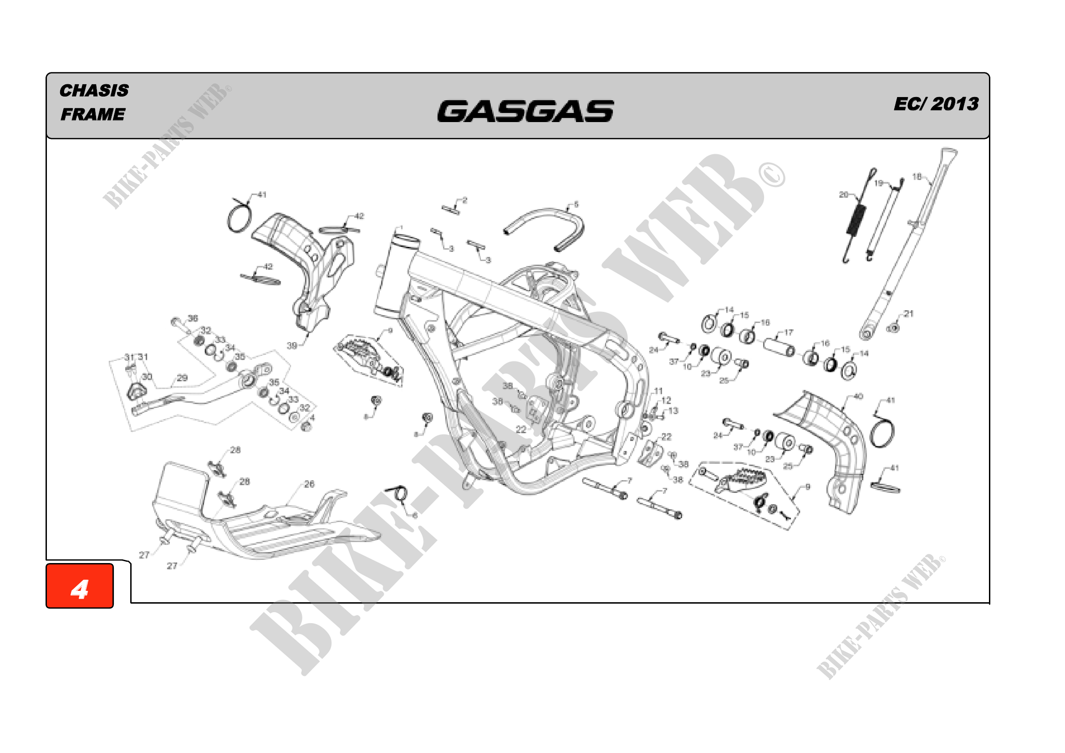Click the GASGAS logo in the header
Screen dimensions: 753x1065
pyautogui.click(x=525, y=111)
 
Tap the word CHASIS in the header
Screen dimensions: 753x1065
pyautogui.click(x=94, y=91)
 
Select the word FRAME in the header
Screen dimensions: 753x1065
pyautogui.click(x=93, y=114)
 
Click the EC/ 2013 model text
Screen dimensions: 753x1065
pyautogui.click(x=936, y=104)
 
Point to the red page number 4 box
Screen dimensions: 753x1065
pyautogui.click(x=80, y=585)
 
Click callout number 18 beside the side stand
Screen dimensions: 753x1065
pyautogui.click(x=917, y=177)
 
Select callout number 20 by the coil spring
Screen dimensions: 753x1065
pyautogui.click(x=843, y=195)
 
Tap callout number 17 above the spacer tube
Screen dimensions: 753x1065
pyautogui.click(x=789, y=333)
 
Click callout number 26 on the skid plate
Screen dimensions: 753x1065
pyautogui.click(x=309, y=484)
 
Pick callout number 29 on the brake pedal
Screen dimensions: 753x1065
pyautogui.click(x=182, y=378)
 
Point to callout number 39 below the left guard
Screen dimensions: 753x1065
pyautogui.click(x=292, y=346)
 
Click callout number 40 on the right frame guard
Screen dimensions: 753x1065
pyautogui.click(x=858, y=397)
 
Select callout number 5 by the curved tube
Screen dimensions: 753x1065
pyautogui.click(x=576, y=205)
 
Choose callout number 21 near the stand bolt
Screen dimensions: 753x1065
pyautogui.click(x=909, y=314)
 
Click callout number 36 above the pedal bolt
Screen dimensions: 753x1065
pyautogui.click(x=193, y=318)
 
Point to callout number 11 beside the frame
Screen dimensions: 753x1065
pyautogui.click(x=659, y=391)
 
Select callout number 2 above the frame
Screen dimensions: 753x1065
pyautogui.click(x=464, y=200)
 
